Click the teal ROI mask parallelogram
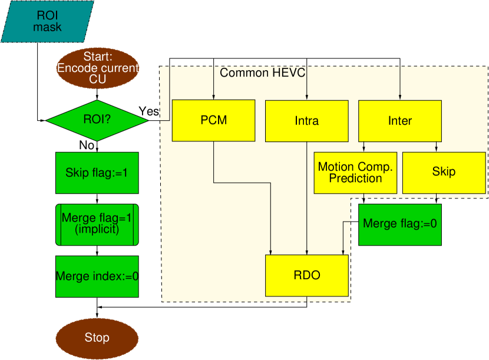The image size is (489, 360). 47,22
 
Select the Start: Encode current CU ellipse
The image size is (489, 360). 97,68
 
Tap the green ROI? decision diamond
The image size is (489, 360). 97,120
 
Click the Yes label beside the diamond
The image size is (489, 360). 148,111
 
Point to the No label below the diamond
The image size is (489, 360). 87,145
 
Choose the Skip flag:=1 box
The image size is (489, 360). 97,173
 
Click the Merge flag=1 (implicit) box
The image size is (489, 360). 97,224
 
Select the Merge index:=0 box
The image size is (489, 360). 97,276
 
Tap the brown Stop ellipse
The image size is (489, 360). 97,338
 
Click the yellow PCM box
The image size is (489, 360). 214,120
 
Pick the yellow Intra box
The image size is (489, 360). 307,121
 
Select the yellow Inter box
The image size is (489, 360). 400,121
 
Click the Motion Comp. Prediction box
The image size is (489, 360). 355,173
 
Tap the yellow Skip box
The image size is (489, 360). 444,173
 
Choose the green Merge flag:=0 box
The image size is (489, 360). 400,224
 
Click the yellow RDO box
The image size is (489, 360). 307,276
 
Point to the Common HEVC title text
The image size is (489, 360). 262,73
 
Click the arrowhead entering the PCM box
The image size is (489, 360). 214,97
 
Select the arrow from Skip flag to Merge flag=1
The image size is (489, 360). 97,199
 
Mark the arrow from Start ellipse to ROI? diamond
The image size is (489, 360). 97,94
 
